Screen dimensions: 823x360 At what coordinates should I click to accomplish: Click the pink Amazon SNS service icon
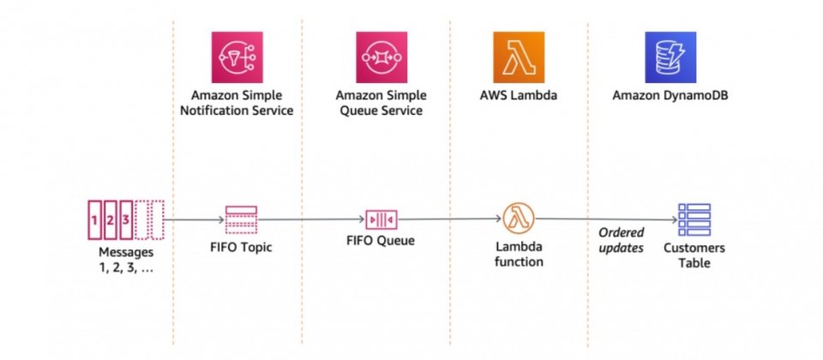(x=237, y=57)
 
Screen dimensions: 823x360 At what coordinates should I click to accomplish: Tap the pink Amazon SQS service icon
(x=381, y=57)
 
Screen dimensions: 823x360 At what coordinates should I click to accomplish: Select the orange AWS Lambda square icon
(x=519, y=57)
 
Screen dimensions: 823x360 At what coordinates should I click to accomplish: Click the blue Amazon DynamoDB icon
(x=670, y=57)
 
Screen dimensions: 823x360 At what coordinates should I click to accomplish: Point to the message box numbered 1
(x=94, y=220)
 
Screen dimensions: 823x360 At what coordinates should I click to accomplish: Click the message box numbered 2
(x=111, y=220)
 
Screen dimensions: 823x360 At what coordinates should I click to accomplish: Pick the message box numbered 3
(x=126, y=220)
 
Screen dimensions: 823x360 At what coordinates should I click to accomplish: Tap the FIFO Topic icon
(x=241, y=219)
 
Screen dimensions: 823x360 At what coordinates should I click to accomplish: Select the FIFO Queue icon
(x=381, y=219)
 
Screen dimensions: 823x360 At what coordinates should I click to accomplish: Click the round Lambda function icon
(x=519, y=219)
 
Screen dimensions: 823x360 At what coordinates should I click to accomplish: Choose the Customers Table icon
(x=694, y=219)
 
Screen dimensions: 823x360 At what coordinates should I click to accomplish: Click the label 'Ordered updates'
(x=622, y=240)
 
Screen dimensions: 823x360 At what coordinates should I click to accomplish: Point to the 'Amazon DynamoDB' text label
(x=670, y=96)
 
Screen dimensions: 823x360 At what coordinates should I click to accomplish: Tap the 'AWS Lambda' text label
(x=519, y=96)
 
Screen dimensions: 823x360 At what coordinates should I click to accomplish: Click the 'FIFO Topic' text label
(x=241, y=247)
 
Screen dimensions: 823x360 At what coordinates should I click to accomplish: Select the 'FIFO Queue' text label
(x=381, y=240)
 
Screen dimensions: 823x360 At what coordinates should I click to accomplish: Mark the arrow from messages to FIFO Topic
(x=195, y=220)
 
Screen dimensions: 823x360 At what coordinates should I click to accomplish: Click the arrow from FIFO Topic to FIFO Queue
(x=311, y=220)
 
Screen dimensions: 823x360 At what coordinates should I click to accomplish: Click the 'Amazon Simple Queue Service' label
(x=381, y=104)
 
